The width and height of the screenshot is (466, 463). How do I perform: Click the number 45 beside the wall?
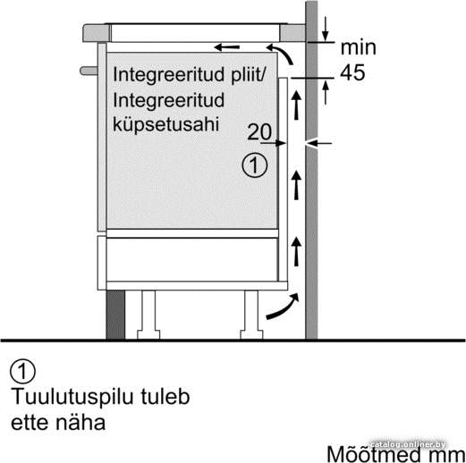click(352, 72)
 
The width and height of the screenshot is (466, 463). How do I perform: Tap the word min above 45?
click(358, 47)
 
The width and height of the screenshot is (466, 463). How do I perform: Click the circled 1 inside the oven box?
click(255, 165)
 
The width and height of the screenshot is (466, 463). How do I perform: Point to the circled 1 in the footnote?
click(22, 371)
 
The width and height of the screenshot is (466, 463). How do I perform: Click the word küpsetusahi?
click(166, 124)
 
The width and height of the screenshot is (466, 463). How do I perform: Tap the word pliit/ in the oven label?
click(248, 74)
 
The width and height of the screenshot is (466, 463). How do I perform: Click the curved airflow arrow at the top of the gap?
click(281, 53)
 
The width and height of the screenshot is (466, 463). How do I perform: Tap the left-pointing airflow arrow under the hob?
click(227, 47)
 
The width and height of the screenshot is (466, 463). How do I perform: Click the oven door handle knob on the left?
click(89, 71)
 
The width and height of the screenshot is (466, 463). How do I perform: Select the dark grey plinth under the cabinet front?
click(115, 315)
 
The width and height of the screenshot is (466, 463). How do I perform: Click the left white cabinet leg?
click(148, 315)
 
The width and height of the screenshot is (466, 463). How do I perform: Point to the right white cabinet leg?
click(251, 315)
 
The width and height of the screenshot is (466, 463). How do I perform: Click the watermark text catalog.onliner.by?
click(408, 444)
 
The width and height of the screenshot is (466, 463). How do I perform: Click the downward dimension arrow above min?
click(326, 29)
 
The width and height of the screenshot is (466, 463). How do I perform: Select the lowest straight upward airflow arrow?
click(296, 251)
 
